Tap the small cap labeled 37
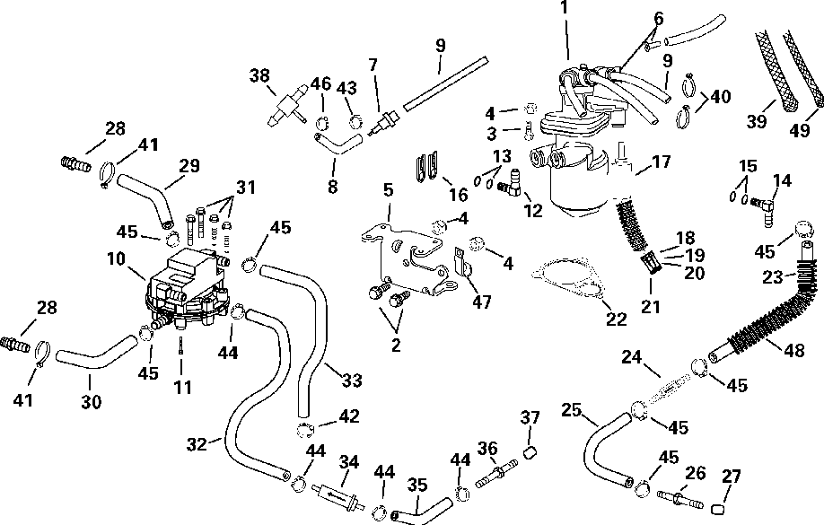point(530,450)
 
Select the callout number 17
point(662,163)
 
